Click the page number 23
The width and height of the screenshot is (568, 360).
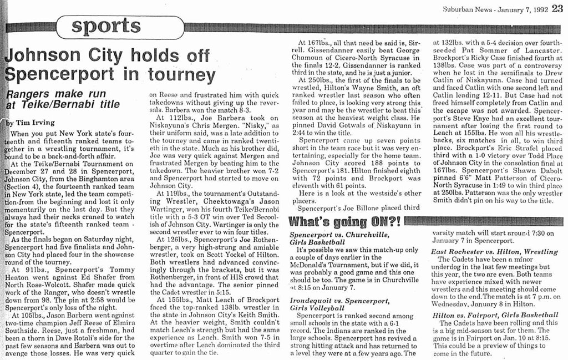pyautogui.click(x=557, y=8)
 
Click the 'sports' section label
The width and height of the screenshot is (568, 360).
pyautogui.click(x=106, y=26)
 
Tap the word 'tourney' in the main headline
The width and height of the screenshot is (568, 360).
pyautogui.click(x=182, y=75)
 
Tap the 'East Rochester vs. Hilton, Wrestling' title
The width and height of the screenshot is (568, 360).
pyautogui.click(x=494, y=251)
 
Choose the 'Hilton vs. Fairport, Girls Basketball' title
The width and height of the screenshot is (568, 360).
pyautogui.click(x=495, y=315)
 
